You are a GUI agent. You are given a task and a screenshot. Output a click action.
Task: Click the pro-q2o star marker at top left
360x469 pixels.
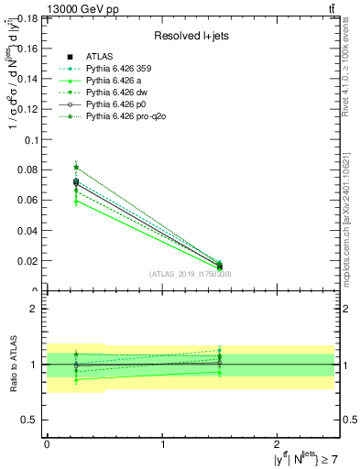(x=76, y=168)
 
